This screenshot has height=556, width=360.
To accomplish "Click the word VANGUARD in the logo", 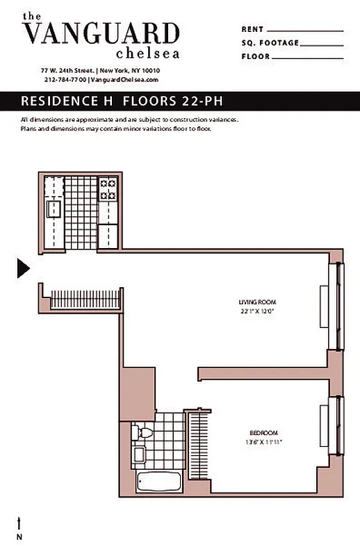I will tap(101, 33).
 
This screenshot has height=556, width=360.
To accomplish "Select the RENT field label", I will tap(252, 30).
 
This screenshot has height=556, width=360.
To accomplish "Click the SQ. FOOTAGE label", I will tap(270, 43).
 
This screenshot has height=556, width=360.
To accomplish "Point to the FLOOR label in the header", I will tap(255, 56).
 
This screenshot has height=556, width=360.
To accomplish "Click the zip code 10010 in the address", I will tap(151, 71).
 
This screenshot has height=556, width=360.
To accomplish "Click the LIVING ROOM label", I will tap(257, 302).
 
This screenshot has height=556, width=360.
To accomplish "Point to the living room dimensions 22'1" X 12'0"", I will tap(257, 311).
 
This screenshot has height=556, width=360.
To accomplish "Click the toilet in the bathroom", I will tap(143, 432).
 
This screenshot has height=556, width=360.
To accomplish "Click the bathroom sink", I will tap(138, 455).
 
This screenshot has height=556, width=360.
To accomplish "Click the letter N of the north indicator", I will tap(19, 537).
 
